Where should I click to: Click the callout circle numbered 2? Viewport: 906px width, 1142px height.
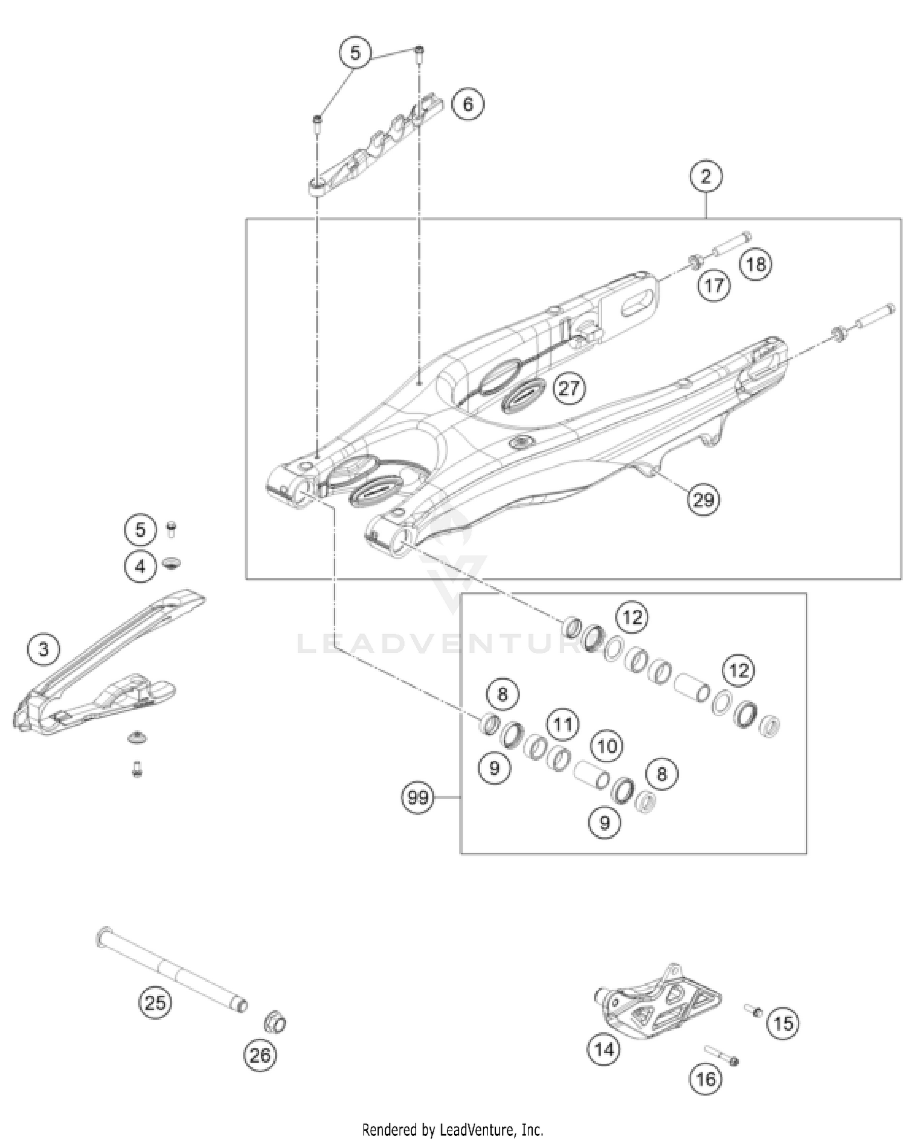[705, 176]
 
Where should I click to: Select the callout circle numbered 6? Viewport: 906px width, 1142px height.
[468, 104]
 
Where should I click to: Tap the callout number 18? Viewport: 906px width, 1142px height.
[756, 264]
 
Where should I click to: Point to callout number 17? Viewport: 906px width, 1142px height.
[715, 285]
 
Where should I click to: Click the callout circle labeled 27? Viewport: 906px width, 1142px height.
[568, 388]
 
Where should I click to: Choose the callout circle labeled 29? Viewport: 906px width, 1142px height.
[703, 499]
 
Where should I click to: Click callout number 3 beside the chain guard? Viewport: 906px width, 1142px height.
[43, 650]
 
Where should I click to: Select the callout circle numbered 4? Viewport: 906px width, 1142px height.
[140, 566]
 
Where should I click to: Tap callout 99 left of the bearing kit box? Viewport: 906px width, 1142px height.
[418, 798]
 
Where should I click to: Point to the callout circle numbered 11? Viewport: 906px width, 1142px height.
[563, 723]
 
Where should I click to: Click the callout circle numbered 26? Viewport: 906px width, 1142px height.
[260, 1055]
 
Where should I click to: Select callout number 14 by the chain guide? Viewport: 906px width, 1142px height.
[604, 1049]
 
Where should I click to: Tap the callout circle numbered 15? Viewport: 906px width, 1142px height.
[783, 1023]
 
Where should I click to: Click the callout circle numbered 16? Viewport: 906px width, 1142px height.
[705, 1079]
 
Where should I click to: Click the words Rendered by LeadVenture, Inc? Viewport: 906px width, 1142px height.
[452, 1129]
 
